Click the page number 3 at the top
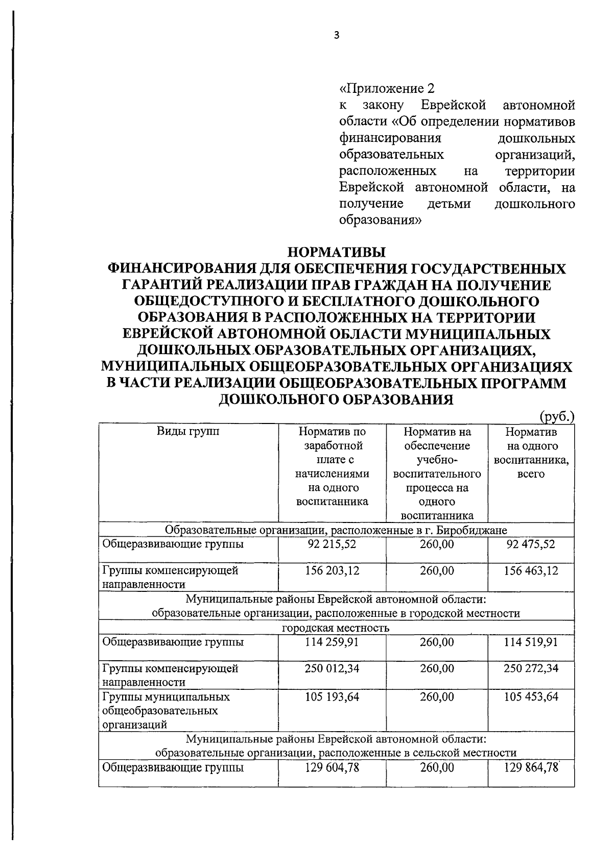[x=336, y=35]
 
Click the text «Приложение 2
[x=387, y=88]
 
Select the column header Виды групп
[x=188, y=432]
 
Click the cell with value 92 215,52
[x=332, y=544]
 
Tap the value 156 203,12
[x=332, y=570]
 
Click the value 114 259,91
[x=332, y=642]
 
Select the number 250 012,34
[x=332, y=668]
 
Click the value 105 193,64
[x=332, y=696]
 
